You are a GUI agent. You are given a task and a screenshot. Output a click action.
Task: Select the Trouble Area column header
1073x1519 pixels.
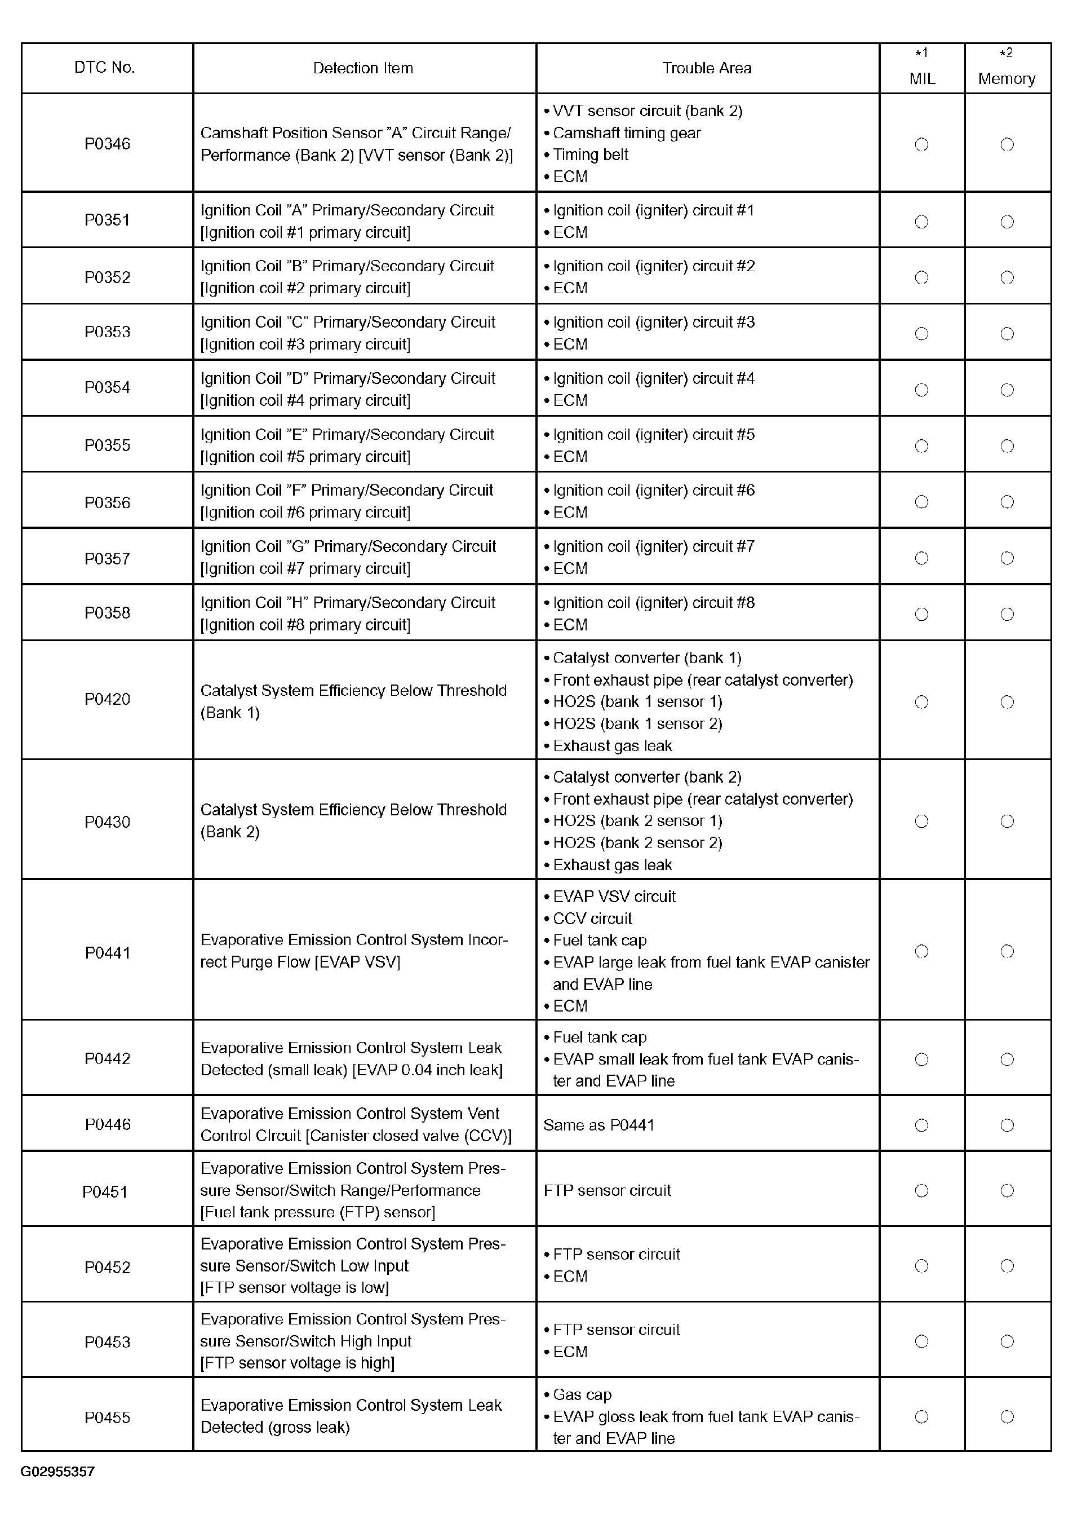(x=707, y=68)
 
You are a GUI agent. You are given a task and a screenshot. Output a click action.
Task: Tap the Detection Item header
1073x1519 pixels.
(x=363, y=68)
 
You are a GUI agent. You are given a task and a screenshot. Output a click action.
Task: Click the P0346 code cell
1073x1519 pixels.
(x=107, y=144)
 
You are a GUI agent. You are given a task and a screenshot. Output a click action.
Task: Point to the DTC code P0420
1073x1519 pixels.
(x=107, y=699)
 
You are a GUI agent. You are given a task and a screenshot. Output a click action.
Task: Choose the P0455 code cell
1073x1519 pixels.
(x=107, y=1417)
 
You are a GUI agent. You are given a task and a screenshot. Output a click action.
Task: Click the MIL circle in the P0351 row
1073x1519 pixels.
(x=921, y=222)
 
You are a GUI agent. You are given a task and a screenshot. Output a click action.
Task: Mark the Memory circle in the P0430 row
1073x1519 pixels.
(x=1007, y=822)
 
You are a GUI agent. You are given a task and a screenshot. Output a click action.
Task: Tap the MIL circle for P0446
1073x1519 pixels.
(x=921, y=1125)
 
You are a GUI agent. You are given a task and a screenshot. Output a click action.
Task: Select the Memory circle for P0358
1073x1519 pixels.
(x=1007, y=615)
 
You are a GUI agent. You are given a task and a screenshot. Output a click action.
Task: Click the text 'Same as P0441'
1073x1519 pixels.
(x=598, y=1125)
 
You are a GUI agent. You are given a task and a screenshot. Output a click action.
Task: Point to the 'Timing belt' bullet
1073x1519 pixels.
(x=591, y=155)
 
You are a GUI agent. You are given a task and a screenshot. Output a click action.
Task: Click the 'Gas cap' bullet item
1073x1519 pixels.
(x=582, y=1394)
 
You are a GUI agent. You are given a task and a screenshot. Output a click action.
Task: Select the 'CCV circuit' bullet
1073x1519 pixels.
(x=592, y=919)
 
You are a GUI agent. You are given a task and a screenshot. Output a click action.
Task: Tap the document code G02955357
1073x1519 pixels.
(x=57, y=1472)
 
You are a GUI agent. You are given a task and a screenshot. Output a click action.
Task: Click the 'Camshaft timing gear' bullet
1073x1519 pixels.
(x=626, y=133)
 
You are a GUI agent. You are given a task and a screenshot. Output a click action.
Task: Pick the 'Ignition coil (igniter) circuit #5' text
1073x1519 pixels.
(x=653, y=435)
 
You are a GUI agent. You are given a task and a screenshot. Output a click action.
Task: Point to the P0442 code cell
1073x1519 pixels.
(x=107, y=1058)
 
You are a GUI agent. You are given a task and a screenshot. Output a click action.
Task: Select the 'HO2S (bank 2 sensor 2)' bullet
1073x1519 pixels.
(x=637, y=843)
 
